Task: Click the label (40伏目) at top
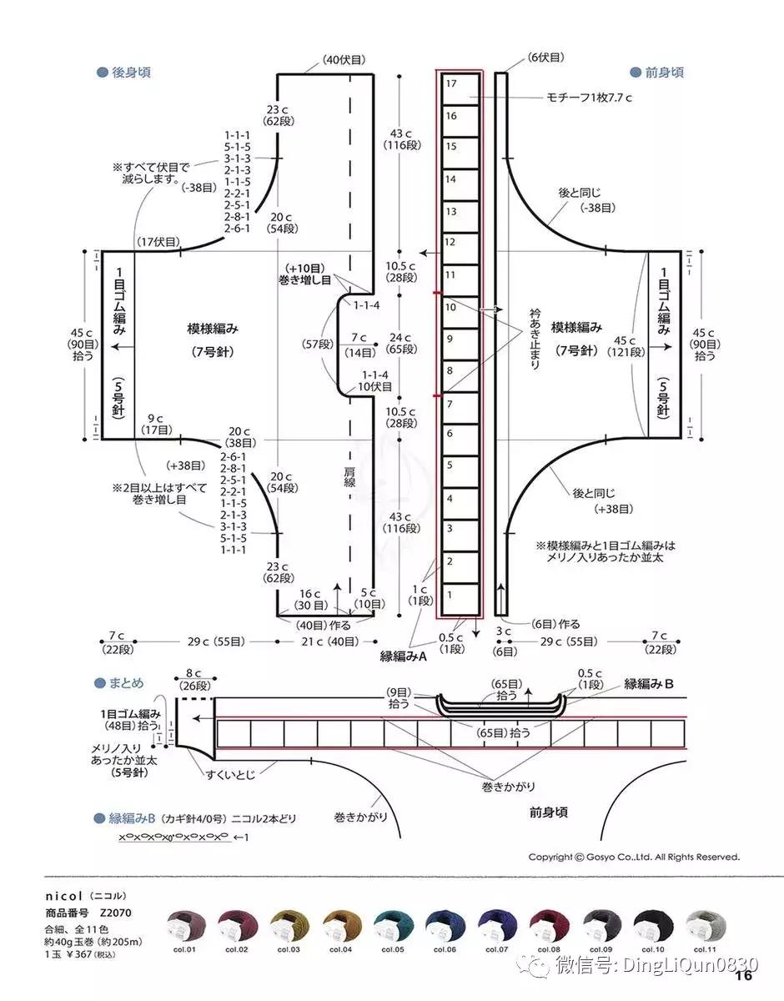point(344,59)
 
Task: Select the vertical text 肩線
point(350,482)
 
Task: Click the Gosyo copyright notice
point(634,857)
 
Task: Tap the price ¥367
point(71,954)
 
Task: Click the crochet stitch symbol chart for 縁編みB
point(173,837)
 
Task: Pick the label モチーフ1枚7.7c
point(590,98)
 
